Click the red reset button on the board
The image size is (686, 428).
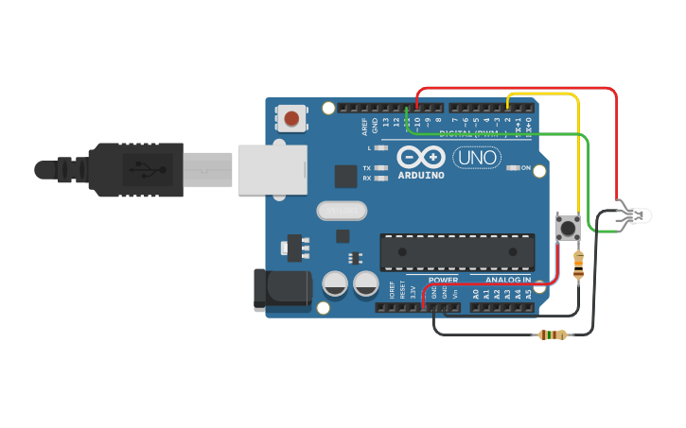tap(291, 119)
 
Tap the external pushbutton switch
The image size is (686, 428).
tap(568, 227)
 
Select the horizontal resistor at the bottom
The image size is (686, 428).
tap(552, 334)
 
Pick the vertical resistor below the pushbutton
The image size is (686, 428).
tap(578, 265)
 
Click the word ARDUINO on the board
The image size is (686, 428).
tap(421, 175)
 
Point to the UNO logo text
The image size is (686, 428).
tap(478, 158)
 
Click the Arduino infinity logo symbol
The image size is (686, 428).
tap(421, 157)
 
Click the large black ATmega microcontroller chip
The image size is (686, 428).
tap(457, 251)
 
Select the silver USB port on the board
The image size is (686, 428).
tap(272, 170)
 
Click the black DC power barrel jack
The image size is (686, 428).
tap(282, 290)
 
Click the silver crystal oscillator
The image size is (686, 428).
tap(341, 211)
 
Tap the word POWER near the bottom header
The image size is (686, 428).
tap(443, 280)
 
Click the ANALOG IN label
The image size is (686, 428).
tap(508, 280)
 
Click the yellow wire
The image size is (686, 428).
tap(578, 151)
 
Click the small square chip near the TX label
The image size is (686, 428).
tap(345, 176)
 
